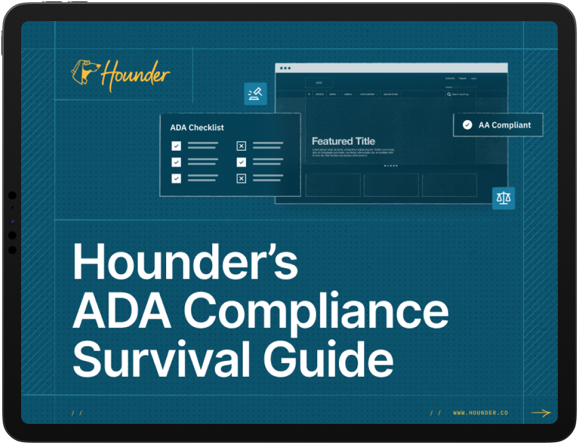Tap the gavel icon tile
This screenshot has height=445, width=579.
[256, 94]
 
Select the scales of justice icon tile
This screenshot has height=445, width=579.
[503, 199]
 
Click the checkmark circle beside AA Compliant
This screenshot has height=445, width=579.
[467, 125]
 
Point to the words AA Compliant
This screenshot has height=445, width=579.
[505, 125]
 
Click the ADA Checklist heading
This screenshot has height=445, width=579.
[197, 127]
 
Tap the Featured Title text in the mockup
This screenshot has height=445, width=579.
[343, 141]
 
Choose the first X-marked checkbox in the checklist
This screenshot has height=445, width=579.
[241, 146]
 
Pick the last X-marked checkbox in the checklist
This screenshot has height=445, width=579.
[241, 179]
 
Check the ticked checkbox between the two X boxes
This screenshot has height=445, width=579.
[241, 162]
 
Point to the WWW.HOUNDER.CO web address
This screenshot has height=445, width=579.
[480, 413]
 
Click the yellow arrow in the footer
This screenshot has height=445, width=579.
[541, 413]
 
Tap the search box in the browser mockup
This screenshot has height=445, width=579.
[475, 95]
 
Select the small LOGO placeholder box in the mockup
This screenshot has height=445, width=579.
[319, 83]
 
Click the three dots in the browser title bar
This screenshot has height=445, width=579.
[285, 68]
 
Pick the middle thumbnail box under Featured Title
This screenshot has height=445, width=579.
[391, 185]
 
